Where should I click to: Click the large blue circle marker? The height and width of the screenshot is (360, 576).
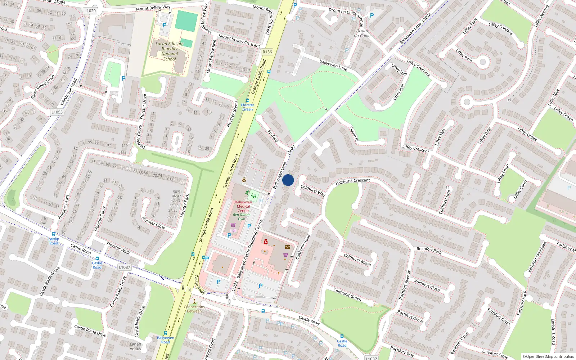point(288,180)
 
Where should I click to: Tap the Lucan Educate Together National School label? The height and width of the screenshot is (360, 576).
point(170,51)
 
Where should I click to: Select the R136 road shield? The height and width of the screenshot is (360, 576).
point(267,52)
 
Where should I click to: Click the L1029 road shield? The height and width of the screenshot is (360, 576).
point(90,11)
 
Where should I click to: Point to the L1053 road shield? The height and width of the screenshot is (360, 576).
point(57,112)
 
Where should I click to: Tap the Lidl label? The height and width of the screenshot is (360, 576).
point(233,231)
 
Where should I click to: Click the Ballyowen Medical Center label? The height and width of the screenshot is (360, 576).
point(243,206)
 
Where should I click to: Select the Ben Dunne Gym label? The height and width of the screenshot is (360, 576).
point(242,217)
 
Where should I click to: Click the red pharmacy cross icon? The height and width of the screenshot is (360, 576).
point(266,242)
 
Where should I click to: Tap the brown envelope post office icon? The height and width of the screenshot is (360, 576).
point(288,247)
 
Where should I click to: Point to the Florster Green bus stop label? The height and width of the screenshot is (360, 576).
point(248,107)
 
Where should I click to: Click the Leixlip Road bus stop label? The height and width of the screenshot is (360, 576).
point(54,241)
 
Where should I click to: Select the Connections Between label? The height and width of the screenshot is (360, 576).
point(194,309)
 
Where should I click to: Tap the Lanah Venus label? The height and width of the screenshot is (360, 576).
point(135,346)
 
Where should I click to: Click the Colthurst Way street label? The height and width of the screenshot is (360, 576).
point(313,190)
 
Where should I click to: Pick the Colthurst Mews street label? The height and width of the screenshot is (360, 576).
point(357,260)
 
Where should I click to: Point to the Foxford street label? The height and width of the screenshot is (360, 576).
point(273,136)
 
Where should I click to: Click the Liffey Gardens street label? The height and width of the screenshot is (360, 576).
point(501,29)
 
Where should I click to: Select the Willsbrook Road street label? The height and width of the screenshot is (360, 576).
point(69,92)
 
